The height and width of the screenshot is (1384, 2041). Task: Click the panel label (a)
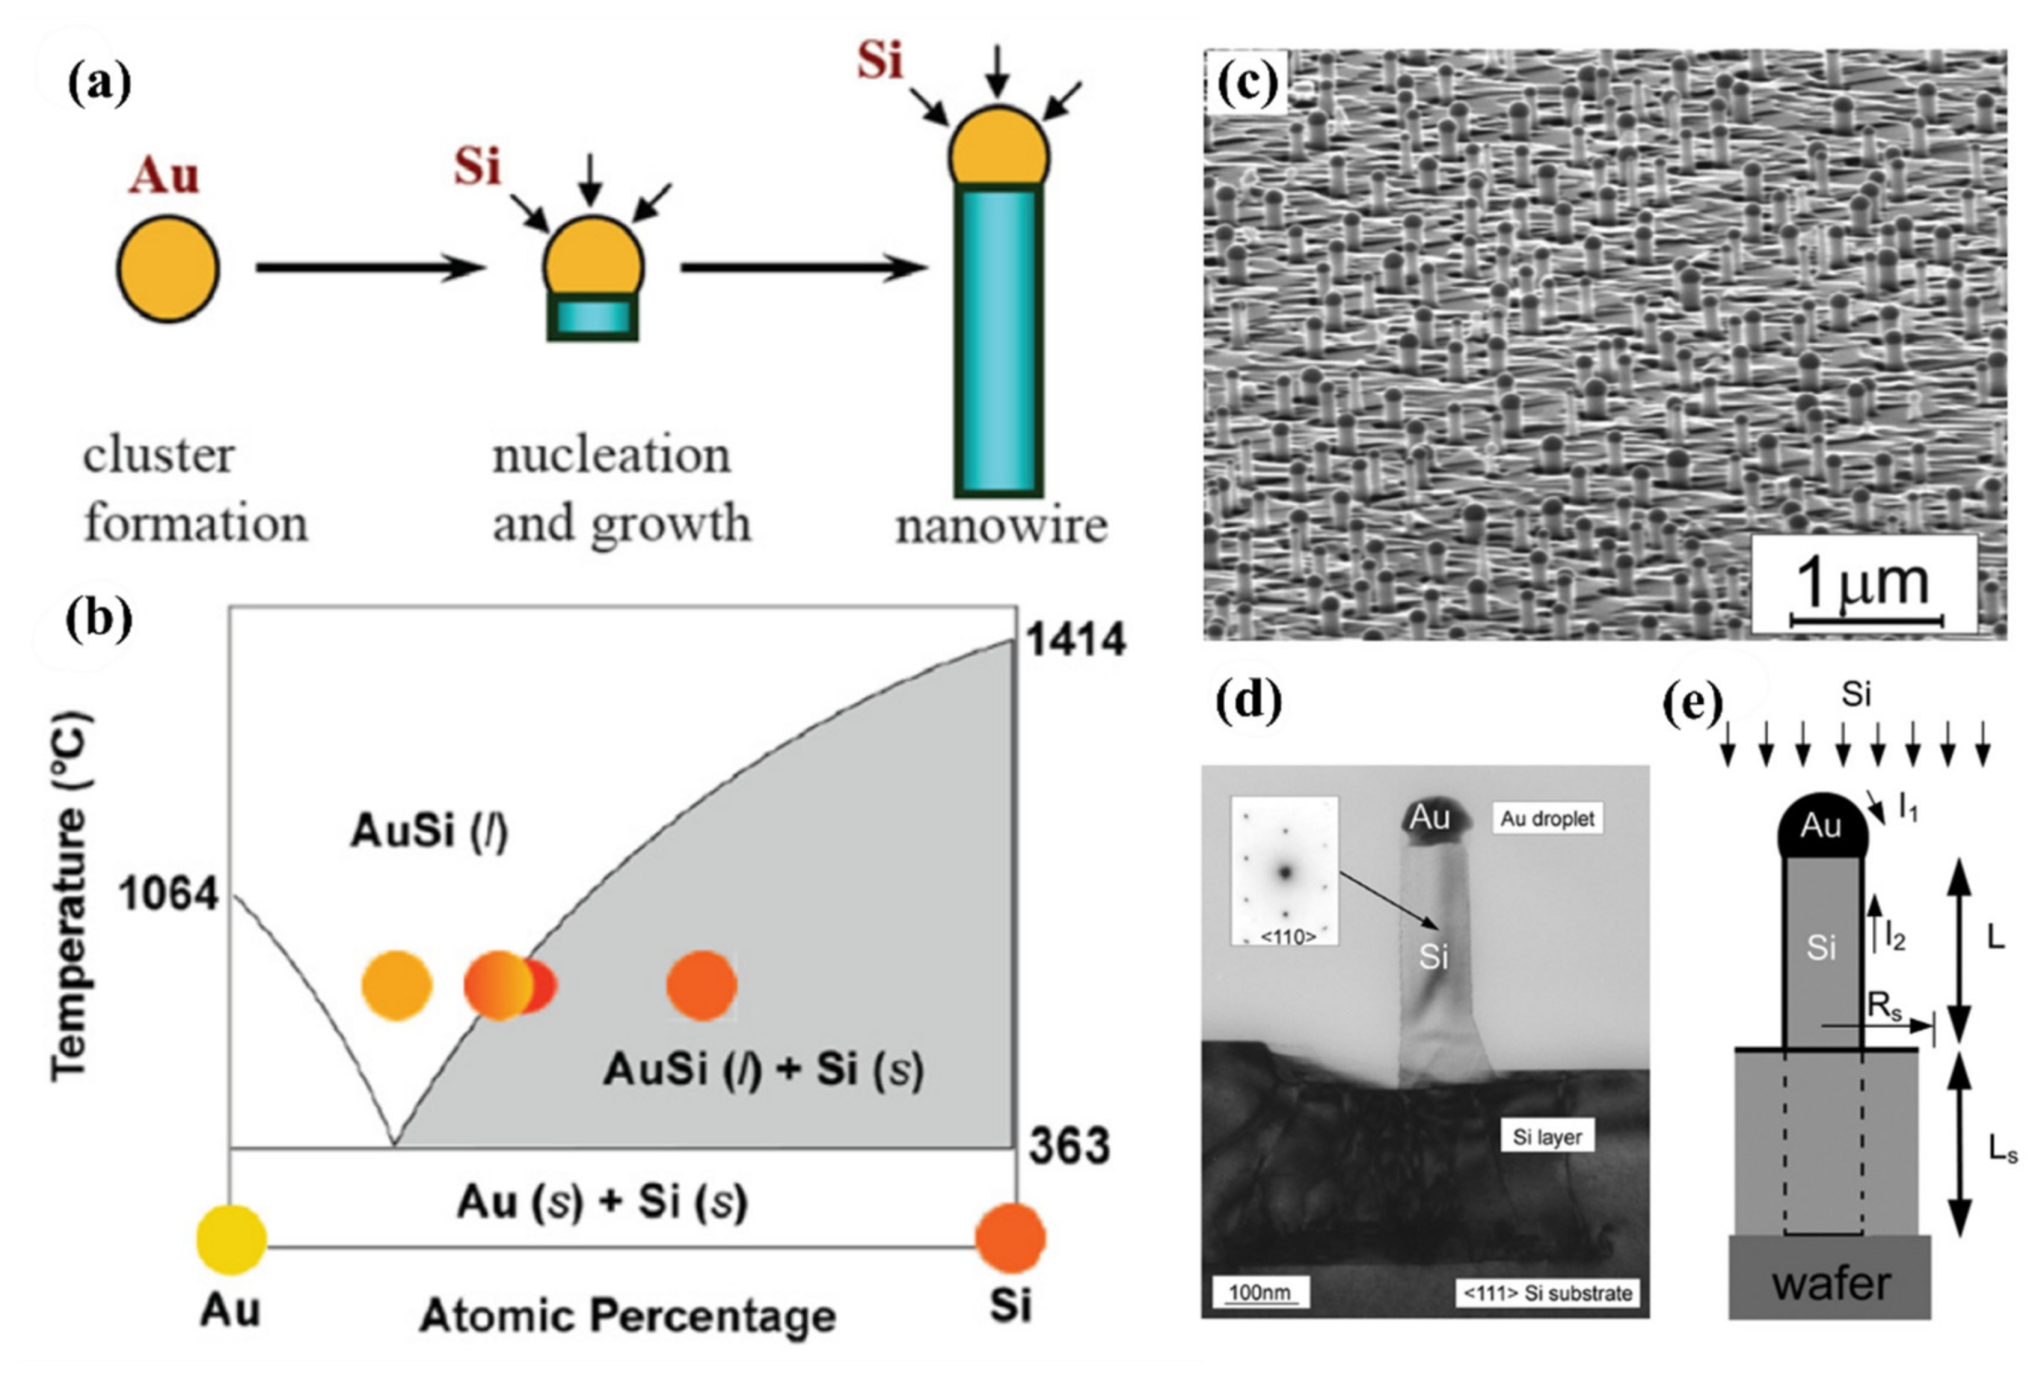(99, 85)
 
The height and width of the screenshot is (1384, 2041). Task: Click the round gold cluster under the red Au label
(168, 268)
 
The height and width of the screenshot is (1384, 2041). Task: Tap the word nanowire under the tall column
(1001, 527)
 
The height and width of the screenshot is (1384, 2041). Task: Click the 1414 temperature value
(1075, 640)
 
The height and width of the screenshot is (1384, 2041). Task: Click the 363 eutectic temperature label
(1069, 1146)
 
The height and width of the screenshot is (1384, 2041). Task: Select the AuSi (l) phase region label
(429, 831)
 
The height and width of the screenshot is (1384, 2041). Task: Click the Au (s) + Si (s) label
(601, 1202)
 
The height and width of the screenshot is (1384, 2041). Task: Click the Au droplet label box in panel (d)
(1546, 818)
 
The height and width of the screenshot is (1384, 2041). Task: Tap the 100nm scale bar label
(1259, 1292)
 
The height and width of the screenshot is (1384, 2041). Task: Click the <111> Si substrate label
(1547, 1293)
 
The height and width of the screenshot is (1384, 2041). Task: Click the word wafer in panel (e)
(1831, 1284)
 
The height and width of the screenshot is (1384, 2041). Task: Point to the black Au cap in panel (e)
(1821, 826)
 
